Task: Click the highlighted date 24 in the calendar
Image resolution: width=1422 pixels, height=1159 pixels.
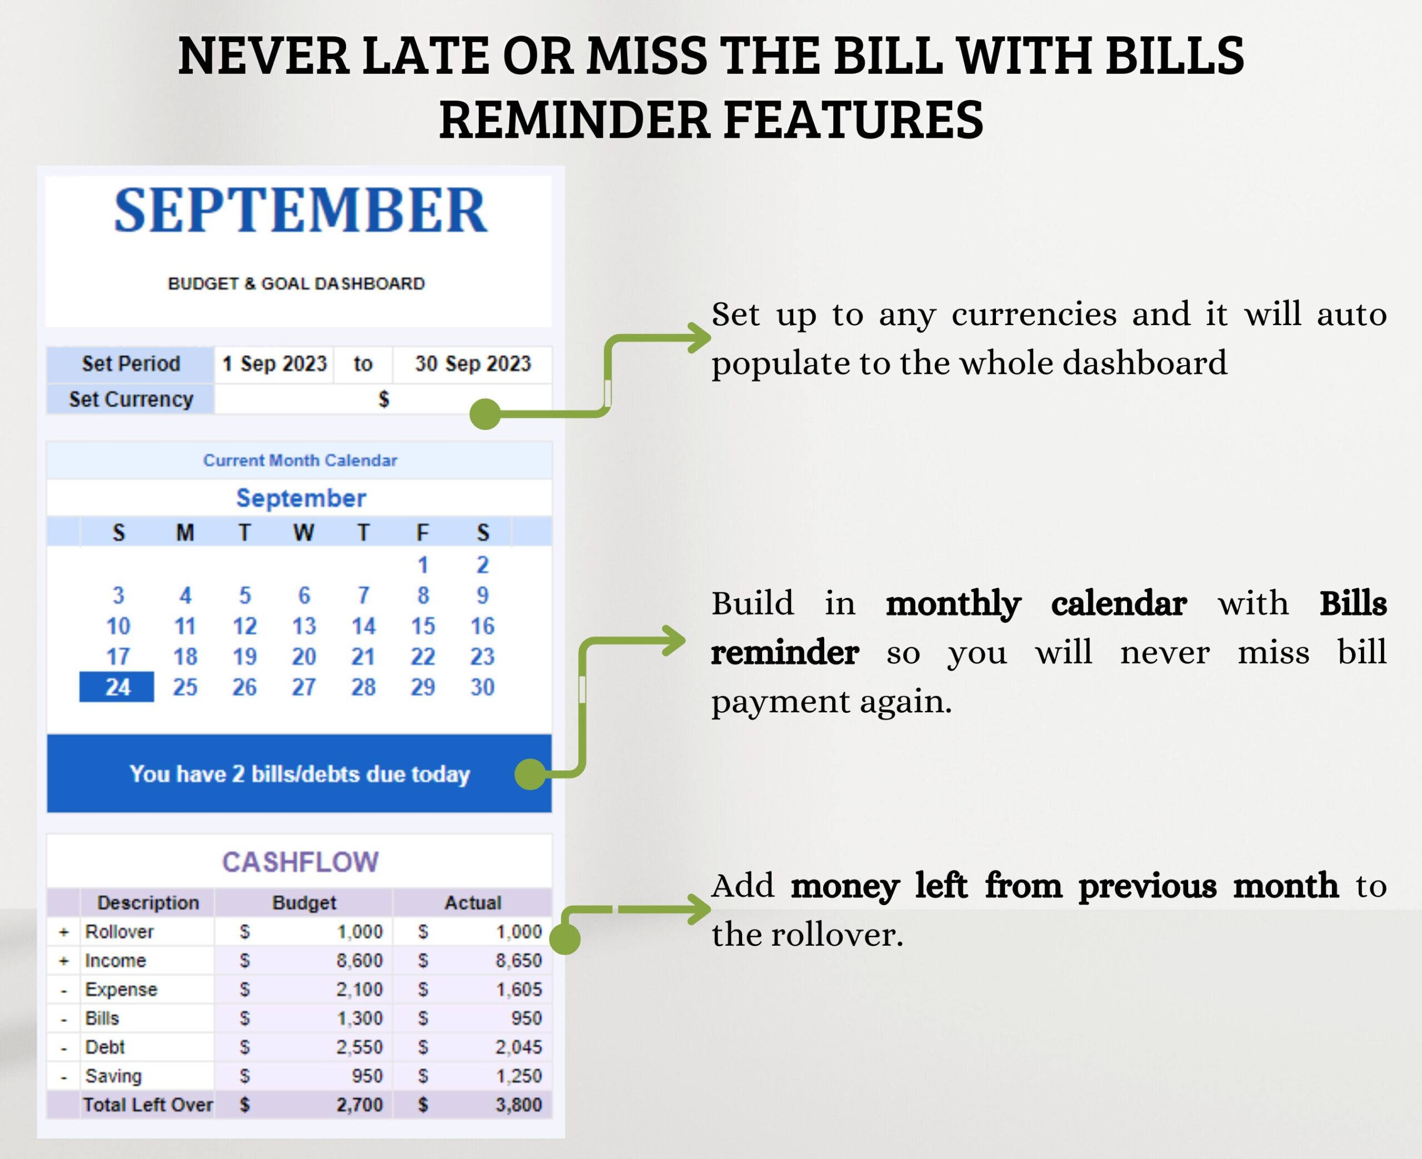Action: (117, 687)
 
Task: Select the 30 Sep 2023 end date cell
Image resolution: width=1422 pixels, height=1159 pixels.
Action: (473, 364)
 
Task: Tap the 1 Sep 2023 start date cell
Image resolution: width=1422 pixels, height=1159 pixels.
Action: (274, 364)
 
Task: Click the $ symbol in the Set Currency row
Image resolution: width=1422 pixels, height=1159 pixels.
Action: (383, 399)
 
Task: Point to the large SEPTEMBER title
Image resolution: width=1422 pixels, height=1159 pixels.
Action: (301, 211)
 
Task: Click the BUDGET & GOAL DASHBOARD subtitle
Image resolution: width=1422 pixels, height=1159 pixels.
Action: (296, 284)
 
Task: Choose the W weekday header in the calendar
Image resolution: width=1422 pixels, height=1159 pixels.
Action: (304, 533)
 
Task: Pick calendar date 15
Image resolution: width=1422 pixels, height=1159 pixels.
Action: (422, 626)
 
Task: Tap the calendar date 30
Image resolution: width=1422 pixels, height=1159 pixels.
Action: (482, 687)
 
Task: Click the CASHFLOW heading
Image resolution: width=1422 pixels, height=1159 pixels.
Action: (301, 862)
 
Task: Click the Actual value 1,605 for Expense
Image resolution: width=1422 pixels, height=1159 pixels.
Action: (518, 990)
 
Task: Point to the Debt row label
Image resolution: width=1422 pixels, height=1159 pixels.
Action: (105, 1047)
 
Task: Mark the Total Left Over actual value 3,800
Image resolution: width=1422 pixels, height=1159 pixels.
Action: (518, 1105)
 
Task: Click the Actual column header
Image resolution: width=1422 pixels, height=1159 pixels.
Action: (473, 903)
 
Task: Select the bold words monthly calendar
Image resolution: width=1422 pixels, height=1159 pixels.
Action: (1035, 603)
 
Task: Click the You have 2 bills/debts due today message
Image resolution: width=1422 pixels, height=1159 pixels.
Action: (299, 774)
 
